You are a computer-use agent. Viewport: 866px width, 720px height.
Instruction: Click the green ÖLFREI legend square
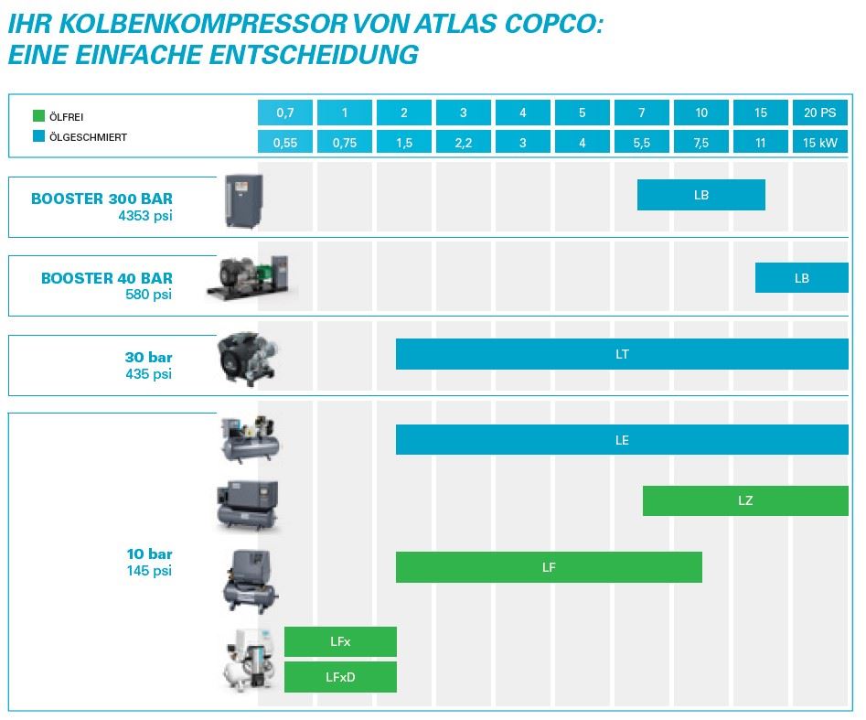pos(38,116)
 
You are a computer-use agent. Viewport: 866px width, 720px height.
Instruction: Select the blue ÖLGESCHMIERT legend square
pos(38,137)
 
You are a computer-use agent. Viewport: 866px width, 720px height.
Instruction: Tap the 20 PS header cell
pos(820,113)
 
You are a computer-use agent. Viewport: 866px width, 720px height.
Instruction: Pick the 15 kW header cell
pos(820,143)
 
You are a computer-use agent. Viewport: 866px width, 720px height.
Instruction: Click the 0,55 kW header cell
pos(285,143)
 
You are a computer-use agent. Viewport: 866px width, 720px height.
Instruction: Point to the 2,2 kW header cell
pos(464,143)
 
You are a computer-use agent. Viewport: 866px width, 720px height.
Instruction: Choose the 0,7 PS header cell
pos(285,113)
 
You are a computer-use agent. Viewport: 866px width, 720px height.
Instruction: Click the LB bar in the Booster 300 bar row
pos(700,195)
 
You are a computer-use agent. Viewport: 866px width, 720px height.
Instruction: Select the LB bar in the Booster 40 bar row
pos(801,278)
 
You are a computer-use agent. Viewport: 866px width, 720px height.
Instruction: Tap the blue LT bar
pos(622,354)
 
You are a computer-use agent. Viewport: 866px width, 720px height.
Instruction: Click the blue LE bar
pos(622,440)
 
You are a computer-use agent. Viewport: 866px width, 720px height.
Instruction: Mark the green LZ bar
pos(745,500)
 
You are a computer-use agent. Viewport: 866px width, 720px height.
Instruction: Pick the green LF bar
pos(549,567)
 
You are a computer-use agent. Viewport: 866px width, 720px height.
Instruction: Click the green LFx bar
pos(340,642)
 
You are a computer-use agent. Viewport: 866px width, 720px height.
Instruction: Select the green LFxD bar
pos(340,678)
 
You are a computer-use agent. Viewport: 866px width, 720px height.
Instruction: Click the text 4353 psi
pos(145,216)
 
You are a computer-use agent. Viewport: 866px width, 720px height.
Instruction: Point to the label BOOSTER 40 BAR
pos(107,278)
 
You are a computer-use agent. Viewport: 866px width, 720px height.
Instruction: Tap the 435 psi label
pos(149,373)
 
